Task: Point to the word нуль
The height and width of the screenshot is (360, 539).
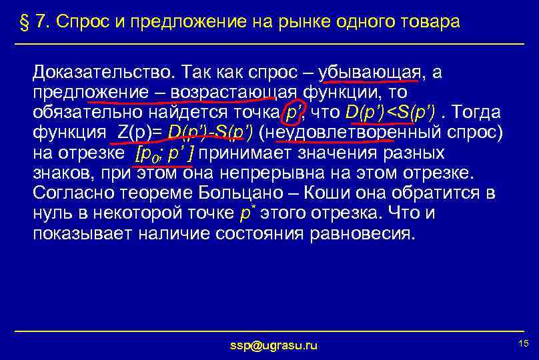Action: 53,214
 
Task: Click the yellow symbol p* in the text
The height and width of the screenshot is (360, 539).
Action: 247,213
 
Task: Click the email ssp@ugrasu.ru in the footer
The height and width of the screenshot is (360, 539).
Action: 274,345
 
